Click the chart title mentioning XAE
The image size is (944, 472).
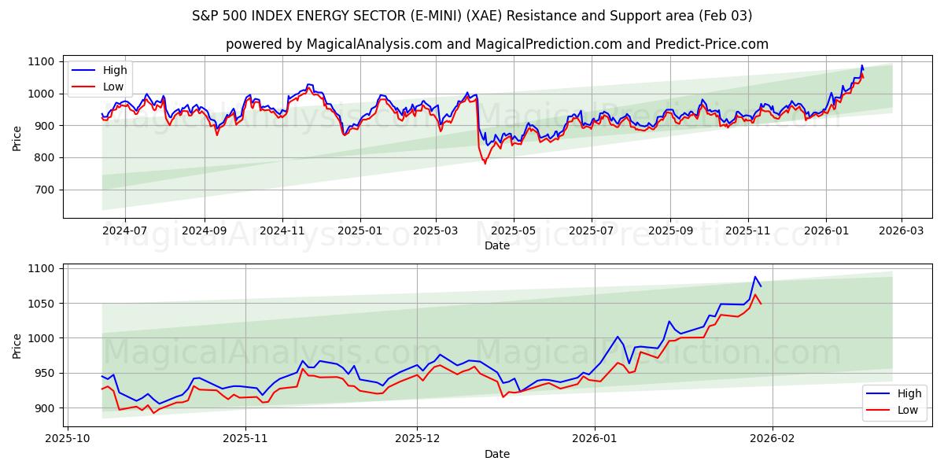(472, 16)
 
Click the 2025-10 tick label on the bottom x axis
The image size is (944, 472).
(68, 438)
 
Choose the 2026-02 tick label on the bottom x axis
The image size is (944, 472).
(773, 438)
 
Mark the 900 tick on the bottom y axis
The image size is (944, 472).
(44, 407)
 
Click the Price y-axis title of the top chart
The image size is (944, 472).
(17, 138)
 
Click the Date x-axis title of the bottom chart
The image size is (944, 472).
(496, 454)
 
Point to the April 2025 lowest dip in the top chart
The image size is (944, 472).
(485, 163)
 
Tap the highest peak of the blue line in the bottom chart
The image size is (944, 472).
(754, 276)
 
